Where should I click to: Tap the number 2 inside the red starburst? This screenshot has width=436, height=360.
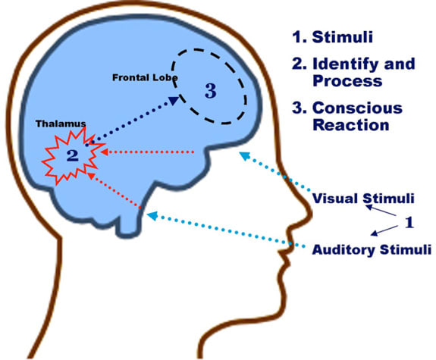point(72,156)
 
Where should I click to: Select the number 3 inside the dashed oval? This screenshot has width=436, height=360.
point(211,92)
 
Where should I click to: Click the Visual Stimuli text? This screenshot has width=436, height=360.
point(363,199)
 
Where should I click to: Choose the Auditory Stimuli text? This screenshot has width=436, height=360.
point(372,249)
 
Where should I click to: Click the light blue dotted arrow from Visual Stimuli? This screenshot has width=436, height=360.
point(277,173)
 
